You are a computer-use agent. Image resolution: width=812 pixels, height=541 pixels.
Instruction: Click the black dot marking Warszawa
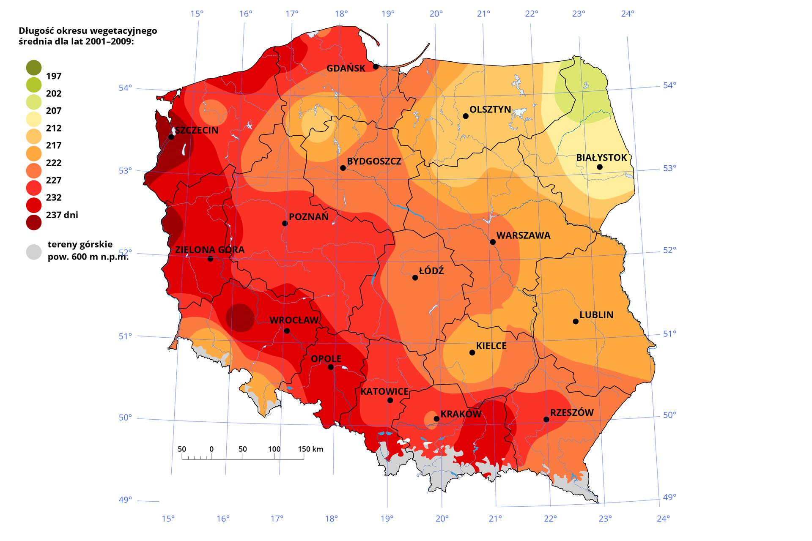[x=493, y=242]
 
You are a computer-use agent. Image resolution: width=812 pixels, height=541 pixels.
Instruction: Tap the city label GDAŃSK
[x=346, y=68]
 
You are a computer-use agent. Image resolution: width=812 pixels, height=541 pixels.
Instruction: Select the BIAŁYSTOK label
[x=601, y=158]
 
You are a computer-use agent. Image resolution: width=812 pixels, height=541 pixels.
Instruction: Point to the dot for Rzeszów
[x=546, y=419]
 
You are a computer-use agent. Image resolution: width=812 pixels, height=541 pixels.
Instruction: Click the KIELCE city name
[x=491, y=346]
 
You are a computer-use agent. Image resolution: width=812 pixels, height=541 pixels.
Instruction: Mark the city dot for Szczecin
[x=171, y=137]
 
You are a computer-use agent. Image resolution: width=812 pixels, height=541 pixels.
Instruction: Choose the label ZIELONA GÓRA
[x=210, y=250]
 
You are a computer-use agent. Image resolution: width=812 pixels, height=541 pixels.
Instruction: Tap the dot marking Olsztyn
[x=466, y=116]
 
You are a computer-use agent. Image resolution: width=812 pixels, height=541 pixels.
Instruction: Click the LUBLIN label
[x=596, y=315]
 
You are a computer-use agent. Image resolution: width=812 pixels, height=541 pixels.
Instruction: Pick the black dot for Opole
[x=331, y=367]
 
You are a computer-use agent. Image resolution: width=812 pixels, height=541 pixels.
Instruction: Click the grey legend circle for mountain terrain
[x=34, y=252]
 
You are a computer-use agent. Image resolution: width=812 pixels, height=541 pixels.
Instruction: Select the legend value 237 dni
[x=62, y=215]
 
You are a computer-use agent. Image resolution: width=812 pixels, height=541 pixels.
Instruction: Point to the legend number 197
[x=54, y=77]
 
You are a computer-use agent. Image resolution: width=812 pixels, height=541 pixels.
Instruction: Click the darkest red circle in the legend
[x=34, y=222]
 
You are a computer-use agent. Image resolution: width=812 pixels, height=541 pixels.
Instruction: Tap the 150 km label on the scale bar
[x=310, y=449]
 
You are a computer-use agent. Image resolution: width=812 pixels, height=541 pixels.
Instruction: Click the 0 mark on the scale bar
[x=211, y=449]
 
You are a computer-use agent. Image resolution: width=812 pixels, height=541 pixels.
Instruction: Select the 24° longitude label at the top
[x=628, y=14]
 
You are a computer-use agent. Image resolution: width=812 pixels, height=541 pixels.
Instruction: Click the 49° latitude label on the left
[x=125, y=500]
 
